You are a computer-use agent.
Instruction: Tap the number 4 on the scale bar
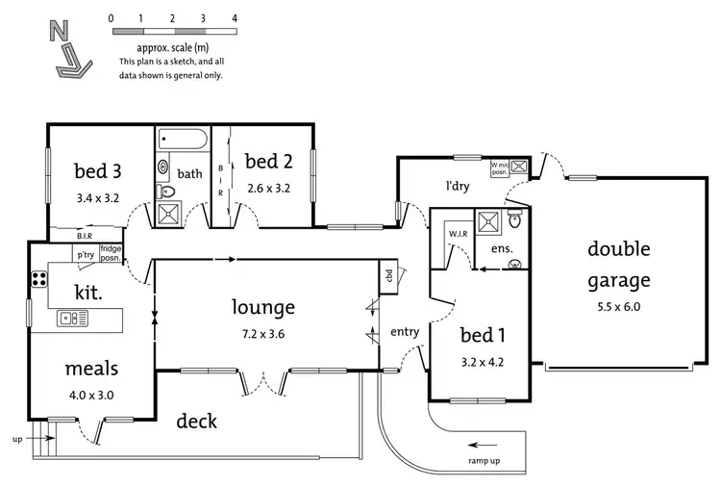tap(235, 18)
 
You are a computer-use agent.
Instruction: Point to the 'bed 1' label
tap(481, 336)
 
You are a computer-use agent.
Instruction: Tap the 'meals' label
tap(91, 369)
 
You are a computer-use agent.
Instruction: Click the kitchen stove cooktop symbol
tap(40, 280)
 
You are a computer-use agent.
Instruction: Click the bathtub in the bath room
tap(181, 141)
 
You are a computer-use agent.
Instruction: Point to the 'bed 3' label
tap(98, 171)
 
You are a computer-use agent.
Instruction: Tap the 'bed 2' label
tap(268, 161)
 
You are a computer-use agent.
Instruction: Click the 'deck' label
tap(196, 421)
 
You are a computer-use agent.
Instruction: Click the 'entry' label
tap(405, 332)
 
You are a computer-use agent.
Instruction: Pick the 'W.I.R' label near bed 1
tap(457, 234)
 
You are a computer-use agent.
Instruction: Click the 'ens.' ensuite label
tap(501, 249)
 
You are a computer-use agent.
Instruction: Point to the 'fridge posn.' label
tap(111, 252)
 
